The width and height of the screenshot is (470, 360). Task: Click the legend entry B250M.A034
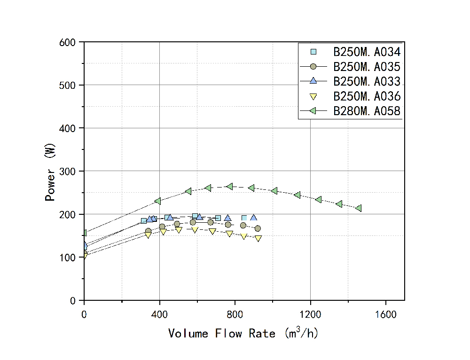coord(367,52)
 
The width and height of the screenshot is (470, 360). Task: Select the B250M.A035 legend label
coord(367,67)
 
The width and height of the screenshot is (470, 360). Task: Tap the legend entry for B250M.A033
coord(367,81)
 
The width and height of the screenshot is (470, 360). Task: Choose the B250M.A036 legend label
coord(367,96)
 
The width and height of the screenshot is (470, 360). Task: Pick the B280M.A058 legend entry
coord(367,111)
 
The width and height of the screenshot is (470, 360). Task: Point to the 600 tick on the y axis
coord(70,42)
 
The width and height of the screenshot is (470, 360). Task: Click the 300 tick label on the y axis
coord(70,171)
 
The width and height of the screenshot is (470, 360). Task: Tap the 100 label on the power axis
coord(70,258)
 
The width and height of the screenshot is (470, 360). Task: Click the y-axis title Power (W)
coord(50,172)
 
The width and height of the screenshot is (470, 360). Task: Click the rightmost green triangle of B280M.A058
coord(359,208)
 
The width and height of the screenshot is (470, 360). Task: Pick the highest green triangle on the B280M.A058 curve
coord(229,187)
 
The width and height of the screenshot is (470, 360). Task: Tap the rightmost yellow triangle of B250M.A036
coord(258,238)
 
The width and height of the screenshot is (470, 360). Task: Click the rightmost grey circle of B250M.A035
coord(258,228)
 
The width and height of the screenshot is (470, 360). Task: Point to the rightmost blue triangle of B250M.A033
coord(254,218)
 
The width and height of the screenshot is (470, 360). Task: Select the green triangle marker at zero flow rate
coord(85,233)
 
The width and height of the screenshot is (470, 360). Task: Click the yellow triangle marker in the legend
coord(313,97)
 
